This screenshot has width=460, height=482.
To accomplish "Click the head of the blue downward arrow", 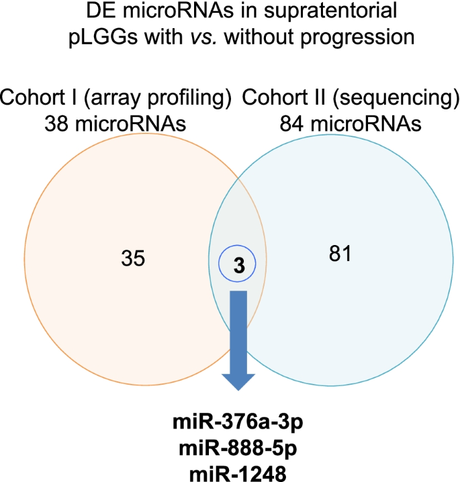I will pyautogui.click(x=238, y=379).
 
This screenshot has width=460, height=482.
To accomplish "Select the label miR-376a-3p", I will pyautogui.click(x=237, y=425).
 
